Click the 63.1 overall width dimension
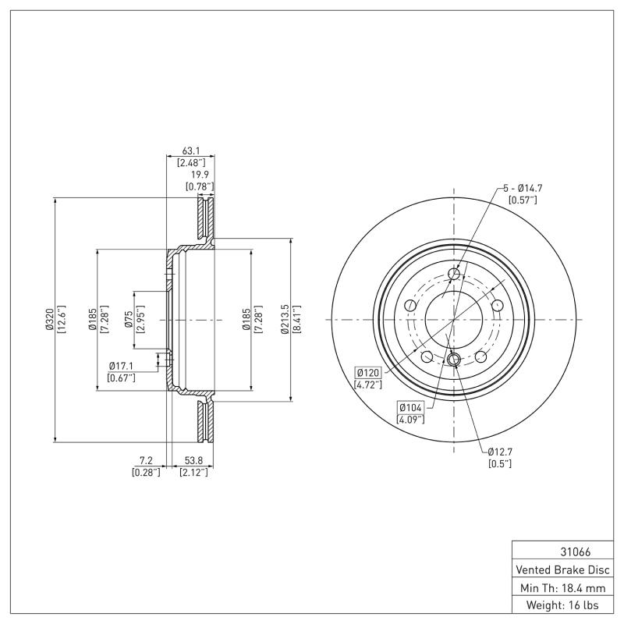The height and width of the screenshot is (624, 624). (191, 150)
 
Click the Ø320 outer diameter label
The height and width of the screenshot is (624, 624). (48, 320)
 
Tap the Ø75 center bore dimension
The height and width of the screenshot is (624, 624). (128, 320)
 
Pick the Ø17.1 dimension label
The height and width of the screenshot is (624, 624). (122, 365)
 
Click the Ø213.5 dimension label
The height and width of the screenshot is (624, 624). (285, 320)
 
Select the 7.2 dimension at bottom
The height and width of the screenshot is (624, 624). (145, 460)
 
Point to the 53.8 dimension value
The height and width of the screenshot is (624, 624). (193, 460)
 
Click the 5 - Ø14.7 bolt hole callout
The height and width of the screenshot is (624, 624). (522, 188)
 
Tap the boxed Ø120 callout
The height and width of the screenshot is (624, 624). (367, 372)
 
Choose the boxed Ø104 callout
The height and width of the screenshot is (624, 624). (410, 407)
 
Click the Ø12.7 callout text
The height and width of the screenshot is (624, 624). (500, 452)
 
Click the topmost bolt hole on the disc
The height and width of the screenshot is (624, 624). (455, 274)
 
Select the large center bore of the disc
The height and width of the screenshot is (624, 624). (454, 320)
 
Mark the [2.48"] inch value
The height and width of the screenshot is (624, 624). (191, 162)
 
